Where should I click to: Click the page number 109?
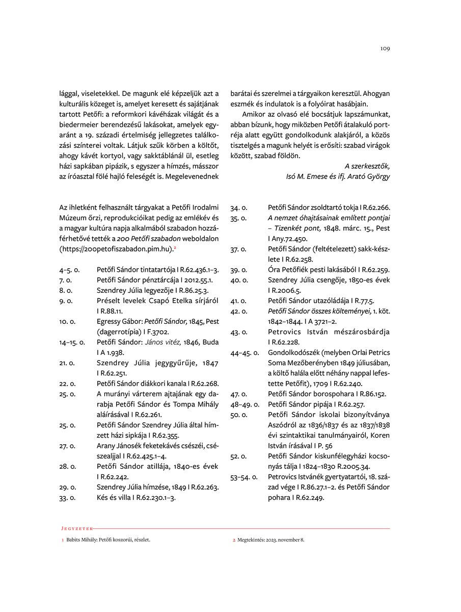click(x=385, y=49)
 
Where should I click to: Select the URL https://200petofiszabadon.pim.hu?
click(x=116, y=249)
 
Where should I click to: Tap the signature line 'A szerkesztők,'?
click(x=367, y=166)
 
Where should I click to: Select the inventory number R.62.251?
click(x=115, y=373)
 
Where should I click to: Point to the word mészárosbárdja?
click(x=362, y=331)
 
